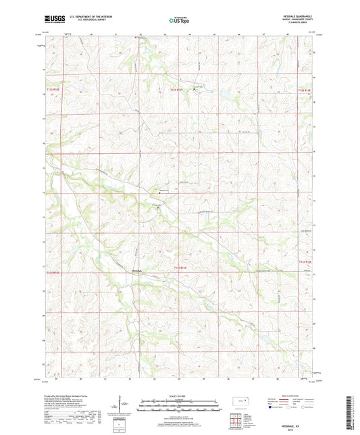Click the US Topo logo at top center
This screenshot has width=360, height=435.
178,20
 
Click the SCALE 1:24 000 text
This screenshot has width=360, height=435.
178,395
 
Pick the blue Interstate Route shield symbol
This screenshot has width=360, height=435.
271,407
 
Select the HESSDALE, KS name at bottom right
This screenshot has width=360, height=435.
299,424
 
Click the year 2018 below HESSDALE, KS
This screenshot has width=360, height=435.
299,428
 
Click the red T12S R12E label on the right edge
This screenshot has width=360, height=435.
306,89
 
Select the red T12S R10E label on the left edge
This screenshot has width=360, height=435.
53,88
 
